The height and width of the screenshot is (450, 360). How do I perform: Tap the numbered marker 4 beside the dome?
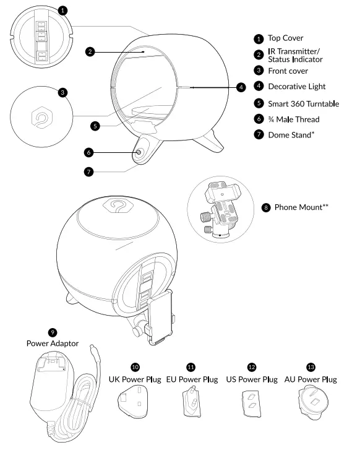coord(241,87)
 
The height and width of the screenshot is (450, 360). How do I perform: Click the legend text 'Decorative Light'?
coord(296,87)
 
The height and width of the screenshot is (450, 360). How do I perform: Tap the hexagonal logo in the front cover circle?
coord(41,116)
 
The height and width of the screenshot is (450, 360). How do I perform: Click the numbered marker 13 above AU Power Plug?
coord(312,367)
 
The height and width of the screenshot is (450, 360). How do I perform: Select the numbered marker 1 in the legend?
coord(259,38)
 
